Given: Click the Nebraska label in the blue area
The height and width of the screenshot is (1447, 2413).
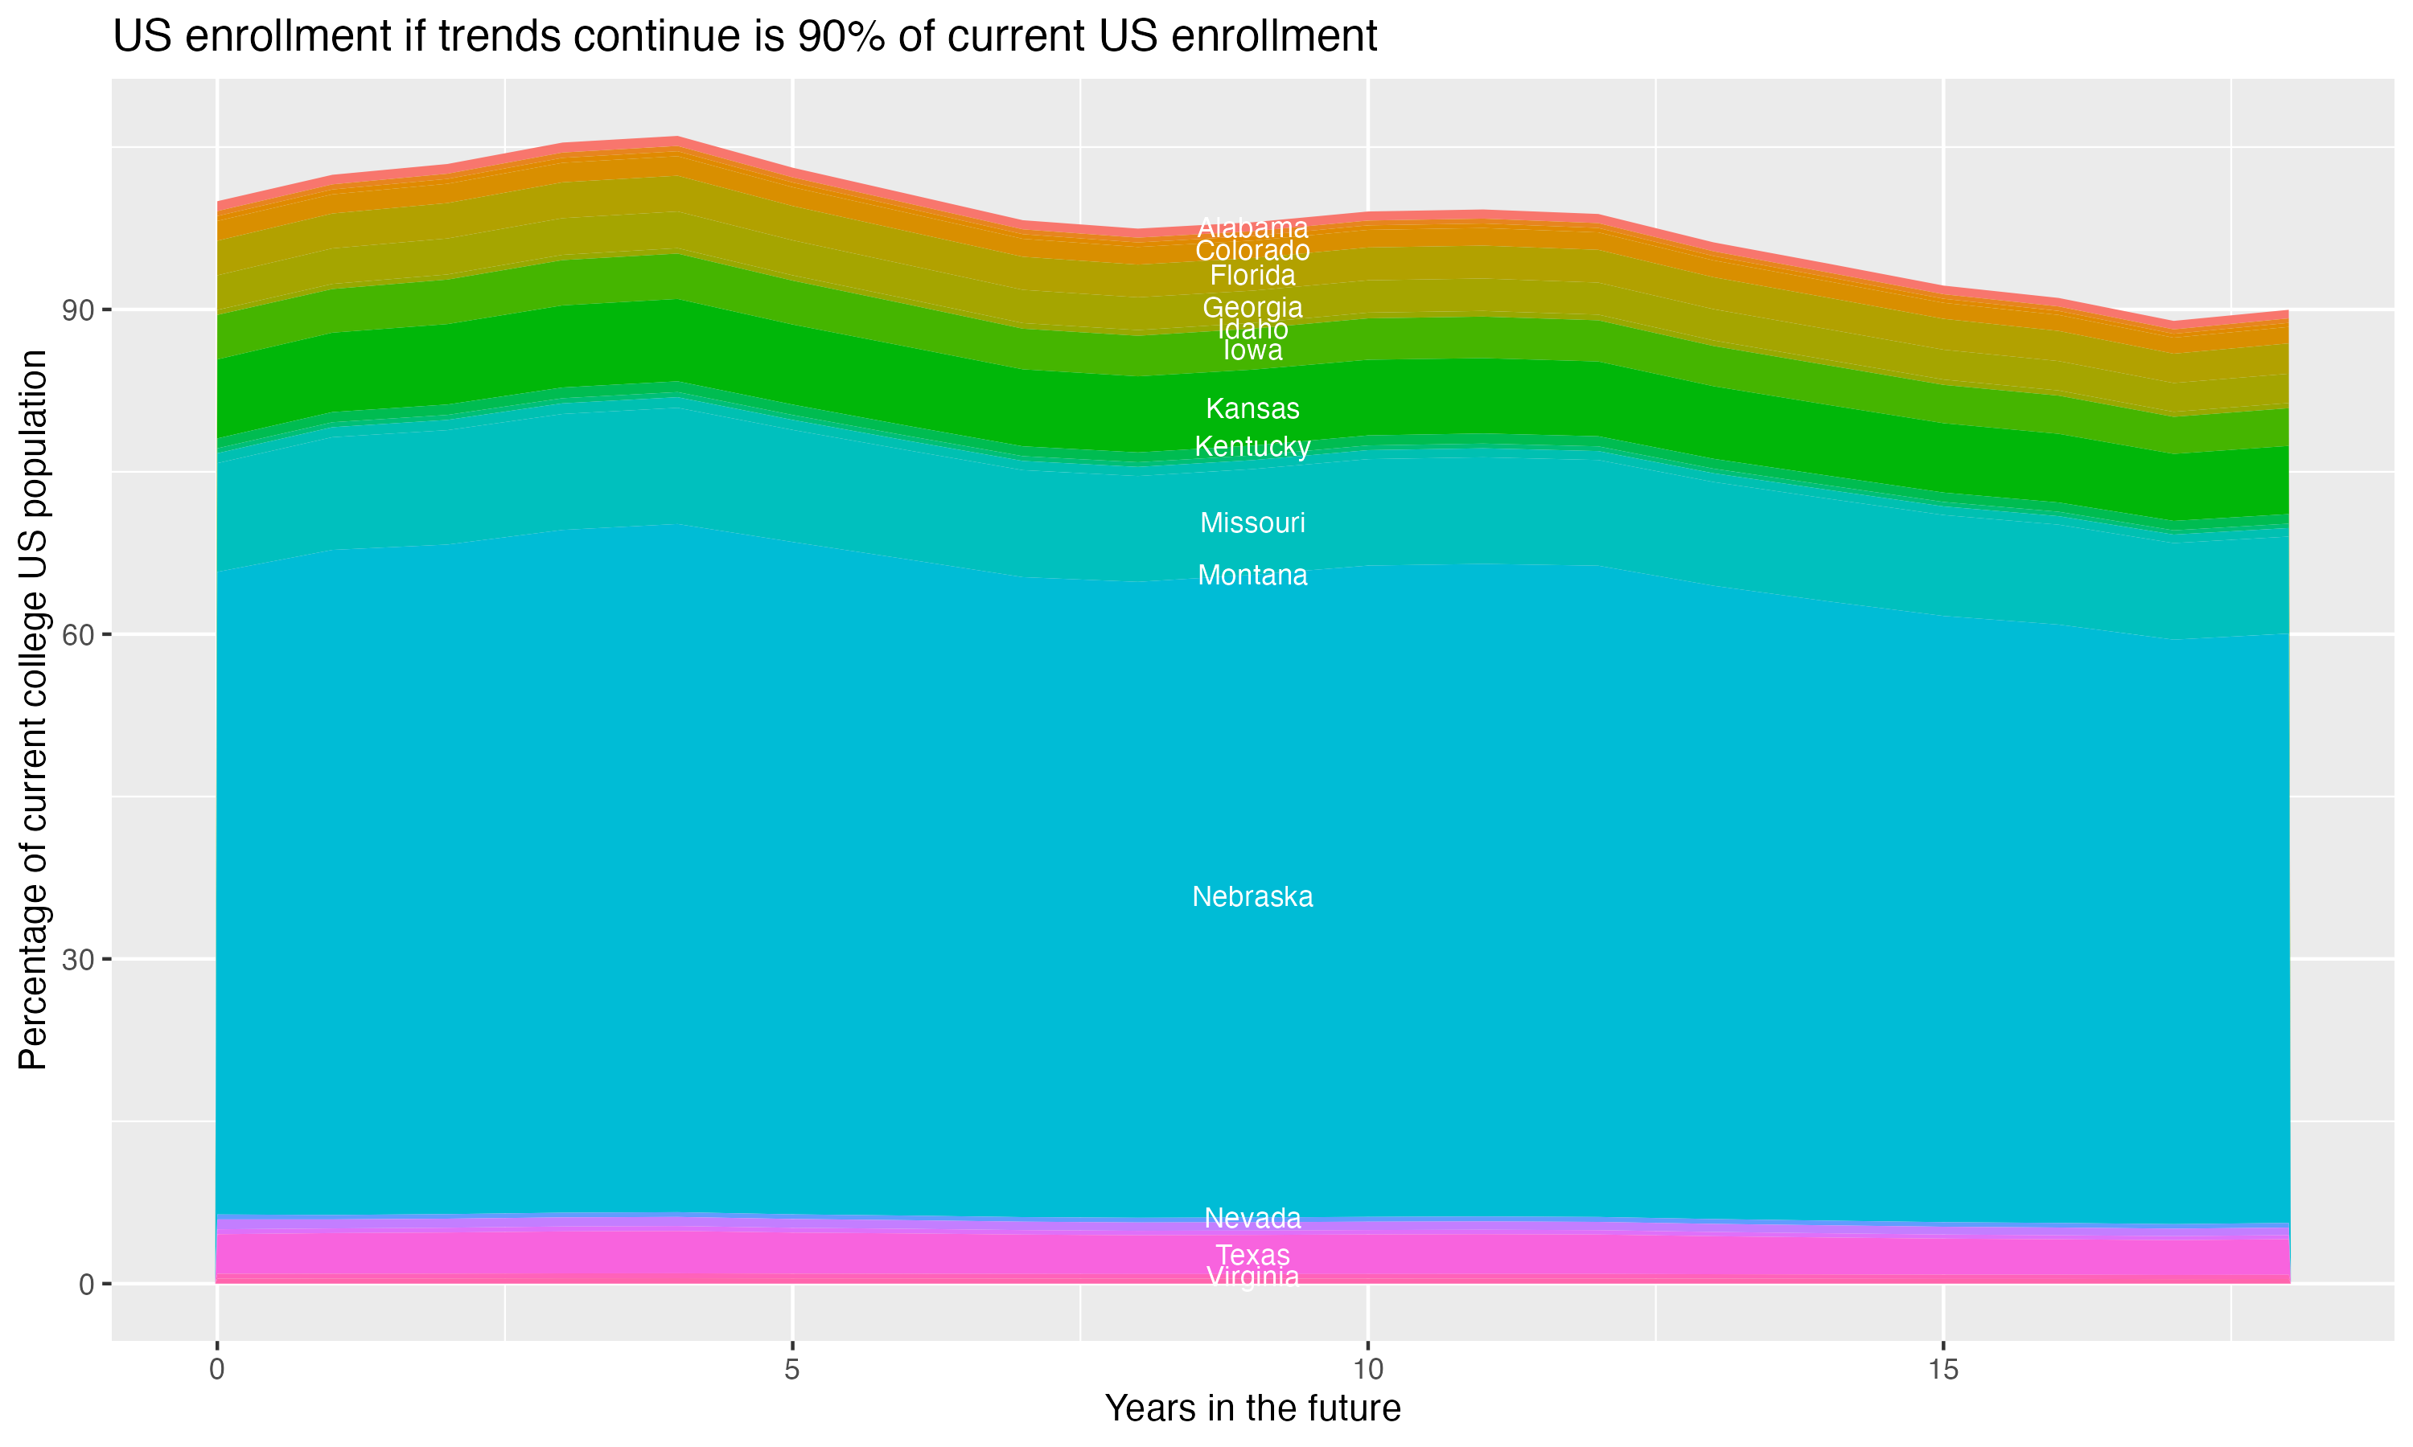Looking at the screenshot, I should tap(1252, 896).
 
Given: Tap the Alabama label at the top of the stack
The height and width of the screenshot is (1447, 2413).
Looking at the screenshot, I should tap(1252, 228).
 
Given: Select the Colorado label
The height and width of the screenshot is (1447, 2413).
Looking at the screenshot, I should tap(1252, 252).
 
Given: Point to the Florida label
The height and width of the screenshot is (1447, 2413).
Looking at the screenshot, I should tap(1252, 275).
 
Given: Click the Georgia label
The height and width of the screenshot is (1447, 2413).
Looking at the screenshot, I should tap(1252, 307).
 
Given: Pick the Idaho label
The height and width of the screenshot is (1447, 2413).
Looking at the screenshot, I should tap(1252, 330).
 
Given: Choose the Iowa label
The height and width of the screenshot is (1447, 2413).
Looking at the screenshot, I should tap(1252, 350).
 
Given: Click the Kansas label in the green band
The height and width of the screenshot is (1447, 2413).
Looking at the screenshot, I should tap(1252, 408).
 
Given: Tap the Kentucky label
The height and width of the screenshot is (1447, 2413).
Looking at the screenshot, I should tap(1252, 447).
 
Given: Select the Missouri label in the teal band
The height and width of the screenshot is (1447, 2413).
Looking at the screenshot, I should tap(1252, 523).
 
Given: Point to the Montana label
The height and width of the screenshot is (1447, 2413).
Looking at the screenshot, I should tap(1252, 576).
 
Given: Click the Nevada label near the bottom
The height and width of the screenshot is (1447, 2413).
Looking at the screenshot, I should tap(1252, 1218).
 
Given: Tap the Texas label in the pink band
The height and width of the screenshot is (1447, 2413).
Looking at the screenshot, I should tap(1252, 1255).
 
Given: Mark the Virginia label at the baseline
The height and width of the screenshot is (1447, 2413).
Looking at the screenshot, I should tap(1252, 1277).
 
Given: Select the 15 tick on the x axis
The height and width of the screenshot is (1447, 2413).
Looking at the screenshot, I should tap(1943, 1370).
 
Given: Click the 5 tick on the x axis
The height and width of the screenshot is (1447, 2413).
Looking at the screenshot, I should tap(792, 1370).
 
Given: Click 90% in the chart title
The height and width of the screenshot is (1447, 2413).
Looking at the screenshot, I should tap(840, 37).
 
